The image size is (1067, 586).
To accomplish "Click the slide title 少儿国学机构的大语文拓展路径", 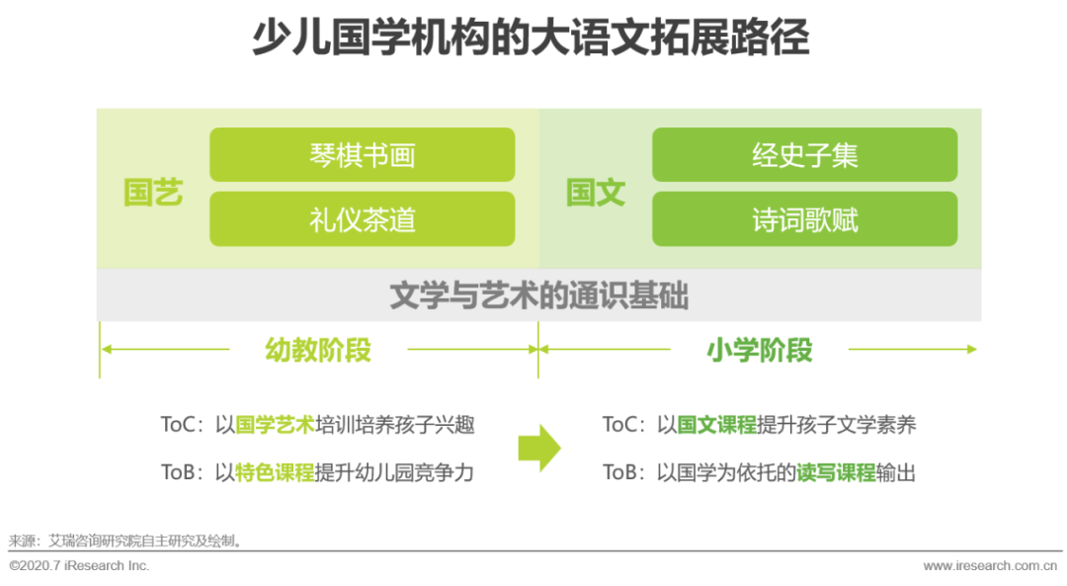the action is point(531,40).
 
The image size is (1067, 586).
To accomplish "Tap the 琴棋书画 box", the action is point(362,155).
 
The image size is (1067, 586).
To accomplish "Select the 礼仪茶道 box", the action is point(362,219).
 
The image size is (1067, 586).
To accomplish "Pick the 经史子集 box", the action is point(804,155).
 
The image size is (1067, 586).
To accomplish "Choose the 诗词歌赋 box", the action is point(804,219).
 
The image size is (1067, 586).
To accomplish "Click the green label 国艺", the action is point(153,193).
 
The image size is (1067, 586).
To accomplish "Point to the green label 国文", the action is point(596,193).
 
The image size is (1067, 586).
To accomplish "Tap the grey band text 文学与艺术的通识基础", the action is point(538,296).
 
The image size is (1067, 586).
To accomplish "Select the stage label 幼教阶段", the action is point(318,350).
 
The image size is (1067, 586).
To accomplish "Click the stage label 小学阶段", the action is point(760,350).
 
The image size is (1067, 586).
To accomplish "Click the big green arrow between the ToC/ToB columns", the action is point(539,449).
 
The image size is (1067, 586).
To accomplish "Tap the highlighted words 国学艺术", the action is point(275,425).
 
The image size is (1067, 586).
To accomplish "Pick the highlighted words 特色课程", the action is point(275,472).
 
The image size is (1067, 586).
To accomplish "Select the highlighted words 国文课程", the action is point(716,425).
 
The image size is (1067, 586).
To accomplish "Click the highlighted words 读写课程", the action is point(836,472).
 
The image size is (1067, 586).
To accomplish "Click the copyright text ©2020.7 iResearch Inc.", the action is point(79,566).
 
